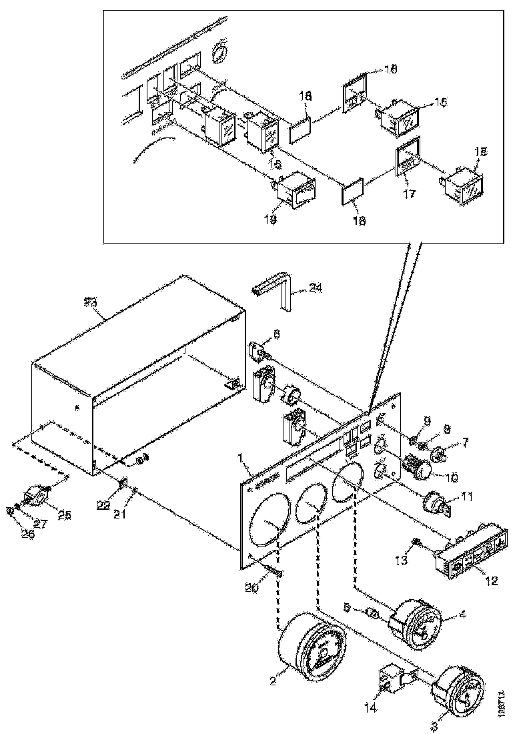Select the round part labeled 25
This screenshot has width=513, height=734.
pos(36,496)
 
